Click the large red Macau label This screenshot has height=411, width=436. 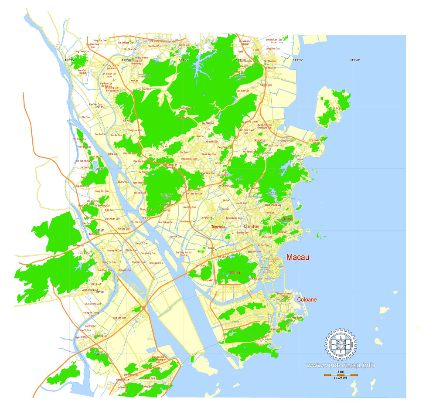coord(298,258)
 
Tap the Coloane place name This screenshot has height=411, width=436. coord(307,300)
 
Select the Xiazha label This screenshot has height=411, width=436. coord(260,141)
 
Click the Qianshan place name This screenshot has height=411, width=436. coord(252,227)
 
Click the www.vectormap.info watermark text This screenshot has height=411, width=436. coord(341,365)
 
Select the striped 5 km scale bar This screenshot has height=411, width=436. coord(341,374)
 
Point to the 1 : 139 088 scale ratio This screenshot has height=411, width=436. coord(341,378)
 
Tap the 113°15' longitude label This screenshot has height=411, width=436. coord(69,60)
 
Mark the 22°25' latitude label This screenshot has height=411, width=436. coord(100,107)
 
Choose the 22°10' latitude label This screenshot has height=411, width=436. coord(100,292)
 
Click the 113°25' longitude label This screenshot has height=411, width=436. coord(183,60)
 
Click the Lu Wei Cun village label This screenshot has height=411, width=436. coord(84,117)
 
